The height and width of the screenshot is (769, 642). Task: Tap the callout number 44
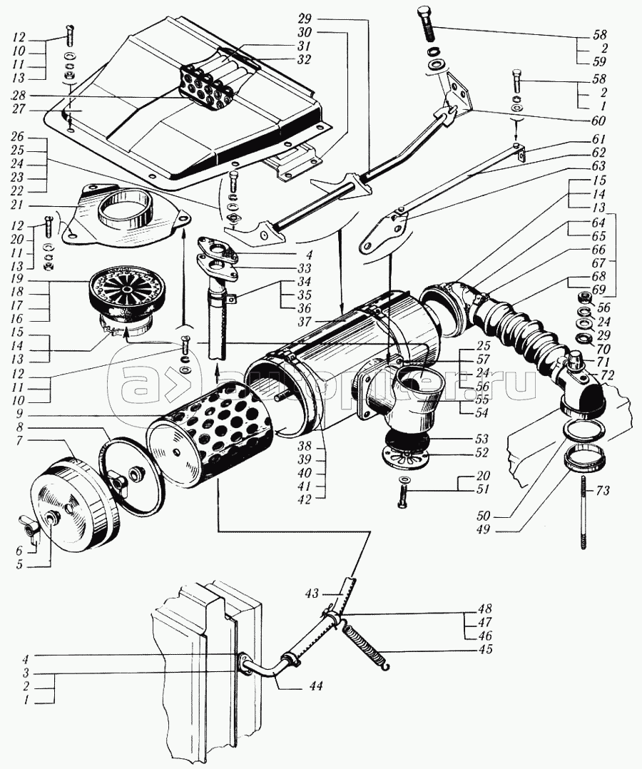pyautogui.click(x=316, y=686)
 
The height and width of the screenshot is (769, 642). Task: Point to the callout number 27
pyautogui.click(x=19, y=109)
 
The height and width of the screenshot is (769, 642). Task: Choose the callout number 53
pyautogui.click(x=482, y=439)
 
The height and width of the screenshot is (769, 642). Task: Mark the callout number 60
pyautogui.click(x=598, y=120)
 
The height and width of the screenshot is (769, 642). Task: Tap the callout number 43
pyautogui.click(x=312, y=594)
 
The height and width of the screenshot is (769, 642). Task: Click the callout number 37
pyautogui.click(x=304, y=322)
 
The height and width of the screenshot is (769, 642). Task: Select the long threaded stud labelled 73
pyautogui.click(x=584, y=513)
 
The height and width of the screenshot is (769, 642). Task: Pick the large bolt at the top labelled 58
pyautogui.click(x=427, y=23)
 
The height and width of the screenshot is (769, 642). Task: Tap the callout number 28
pyautogui.click(x=19, y=95)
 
